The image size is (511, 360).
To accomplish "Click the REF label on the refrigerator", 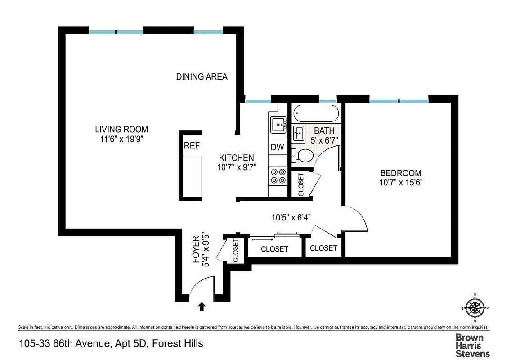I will click(x=191, y=146).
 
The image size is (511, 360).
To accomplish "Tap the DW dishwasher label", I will click(x=277, y=147).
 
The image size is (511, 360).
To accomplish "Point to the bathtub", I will click(x=315, y=113).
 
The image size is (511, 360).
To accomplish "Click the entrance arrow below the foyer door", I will click(x=202, y=306).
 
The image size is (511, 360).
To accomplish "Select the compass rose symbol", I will click(x=475, y=308).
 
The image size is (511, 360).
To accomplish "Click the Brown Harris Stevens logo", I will click(x=472, y=345).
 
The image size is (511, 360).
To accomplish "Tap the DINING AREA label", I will click(x=202, y=76).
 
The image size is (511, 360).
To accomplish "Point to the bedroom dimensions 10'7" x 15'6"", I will click(x=401, y=182).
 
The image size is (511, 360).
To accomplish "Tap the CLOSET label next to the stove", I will click(x=301, y=184).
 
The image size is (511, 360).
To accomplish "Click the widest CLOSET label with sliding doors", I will click(x=274, y=249).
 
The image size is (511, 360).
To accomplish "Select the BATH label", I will click(x=324, y=131).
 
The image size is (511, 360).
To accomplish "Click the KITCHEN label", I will click(x=236, y=158).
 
